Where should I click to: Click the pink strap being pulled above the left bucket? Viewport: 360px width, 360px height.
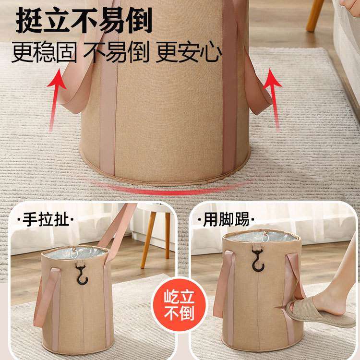click(119, 226)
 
